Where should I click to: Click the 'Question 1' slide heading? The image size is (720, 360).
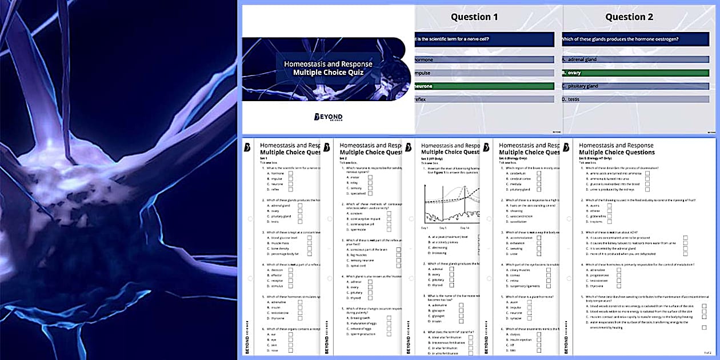(x=474, y=17)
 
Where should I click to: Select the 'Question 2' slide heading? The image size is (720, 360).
(x=629, y=17)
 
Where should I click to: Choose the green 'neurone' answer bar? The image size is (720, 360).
(x=483, y=86)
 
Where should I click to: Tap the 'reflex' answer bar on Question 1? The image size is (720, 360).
(x=483, y=99)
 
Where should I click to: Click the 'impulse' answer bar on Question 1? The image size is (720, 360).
(x=483, y=73)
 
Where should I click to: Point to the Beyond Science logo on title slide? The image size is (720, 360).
(x=328, y=117)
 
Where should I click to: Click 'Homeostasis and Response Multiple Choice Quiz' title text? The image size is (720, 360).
(x=328, y=68)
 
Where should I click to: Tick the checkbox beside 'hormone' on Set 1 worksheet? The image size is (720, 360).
(x=290, y=173)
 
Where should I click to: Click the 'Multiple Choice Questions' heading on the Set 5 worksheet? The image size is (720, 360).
(x=617, y=153)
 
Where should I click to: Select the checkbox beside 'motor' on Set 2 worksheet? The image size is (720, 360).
(x=370, y=177)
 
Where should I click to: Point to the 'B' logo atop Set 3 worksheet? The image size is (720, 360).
(x=409, y=147)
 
